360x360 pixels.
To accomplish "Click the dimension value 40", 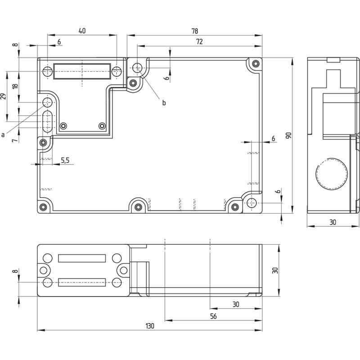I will [82, 31].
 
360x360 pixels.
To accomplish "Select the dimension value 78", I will [194, 31].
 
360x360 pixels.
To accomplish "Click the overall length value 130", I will [149, 326].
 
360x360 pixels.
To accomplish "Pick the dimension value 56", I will [213, 316].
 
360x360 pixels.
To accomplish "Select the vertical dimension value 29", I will [4, 96].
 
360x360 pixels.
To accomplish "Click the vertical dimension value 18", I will [15, 86].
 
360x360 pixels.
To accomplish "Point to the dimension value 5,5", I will [65, 160].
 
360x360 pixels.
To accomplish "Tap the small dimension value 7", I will [15, 141].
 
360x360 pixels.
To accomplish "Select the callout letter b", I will [164, 103].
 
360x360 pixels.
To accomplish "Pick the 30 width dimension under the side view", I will [333, 222].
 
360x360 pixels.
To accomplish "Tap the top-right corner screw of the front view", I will [256, 63].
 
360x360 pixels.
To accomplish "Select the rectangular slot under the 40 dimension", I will [82, 71].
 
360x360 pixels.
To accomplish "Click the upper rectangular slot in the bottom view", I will [82, 258].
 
